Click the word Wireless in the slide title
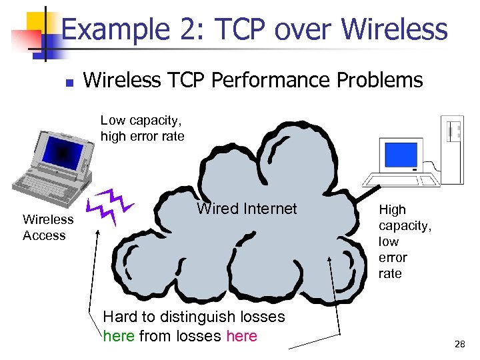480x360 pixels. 394,29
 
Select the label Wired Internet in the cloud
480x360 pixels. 247,209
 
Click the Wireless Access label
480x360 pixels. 47,227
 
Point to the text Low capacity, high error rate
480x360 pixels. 142,128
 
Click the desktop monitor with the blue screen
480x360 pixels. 399,155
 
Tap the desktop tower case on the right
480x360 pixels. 453,148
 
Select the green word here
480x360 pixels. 119,336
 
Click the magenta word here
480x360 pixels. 241,336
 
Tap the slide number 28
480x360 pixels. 459,345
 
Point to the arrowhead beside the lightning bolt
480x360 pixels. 98,234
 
